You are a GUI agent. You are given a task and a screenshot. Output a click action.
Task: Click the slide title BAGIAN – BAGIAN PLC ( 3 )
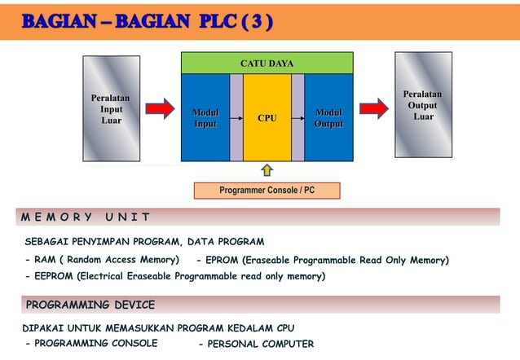tap(147, 20)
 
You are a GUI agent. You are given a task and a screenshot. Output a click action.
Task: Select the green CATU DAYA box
tap(267, 63)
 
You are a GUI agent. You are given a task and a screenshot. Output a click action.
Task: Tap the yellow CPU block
tap(267, 118)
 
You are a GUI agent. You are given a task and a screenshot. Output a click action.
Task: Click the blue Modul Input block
tap(205, 118)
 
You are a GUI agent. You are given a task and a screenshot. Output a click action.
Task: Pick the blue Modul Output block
tap(328, 118)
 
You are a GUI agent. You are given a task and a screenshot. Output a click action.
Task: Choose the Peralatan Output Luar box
tap(422, 105)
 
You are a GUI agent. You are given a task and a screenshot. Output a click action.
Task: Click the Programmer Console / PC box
tap(267, 191)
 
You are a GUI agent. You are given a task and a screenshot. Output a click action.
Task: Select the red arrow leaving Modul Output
tap(373, 108)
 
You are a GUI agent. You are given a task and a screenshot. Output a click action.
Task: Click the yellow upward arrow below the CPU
tap(267, 170)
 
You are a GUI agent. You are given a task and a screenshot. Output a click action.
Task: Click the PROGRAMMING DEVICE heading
tap(90, 305)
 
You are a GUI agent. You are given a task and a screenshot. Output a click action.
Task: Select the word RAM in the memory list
tap(45, 260)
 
